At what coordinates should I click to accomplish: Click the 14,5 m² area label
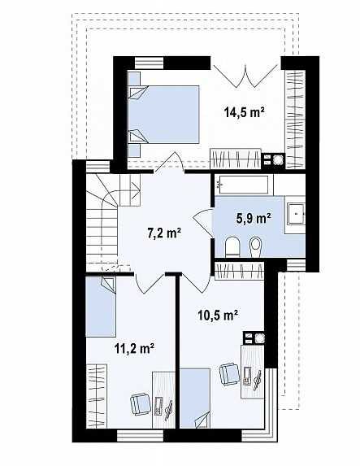[244, 112]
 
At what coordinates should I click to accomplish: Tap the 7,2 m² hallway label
[164, 233]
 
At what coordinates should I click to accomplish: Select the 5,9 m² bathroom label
[254, 219]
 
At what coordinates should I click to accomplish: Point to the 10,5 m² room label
[218, 315]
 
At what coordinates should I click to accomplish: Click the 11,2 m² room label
[134, 348]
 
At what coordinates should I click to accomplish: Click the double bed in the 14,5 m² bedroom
[163, 115]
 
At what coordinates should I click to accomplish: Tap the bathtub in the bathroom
[244, 185]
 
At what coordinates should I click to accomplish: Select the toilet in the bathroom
[232, 246]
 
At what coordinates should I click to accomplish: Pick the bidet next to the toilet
[255, 246]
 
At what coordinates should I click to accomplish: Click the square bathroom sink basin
[296, 214]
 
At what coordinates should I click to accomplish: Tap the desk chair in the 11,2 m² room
[140, 403]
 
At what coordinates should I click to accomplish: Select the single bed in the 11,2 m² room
[101, 307]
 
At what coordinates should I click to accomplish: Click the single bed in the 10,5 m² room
[195, 398]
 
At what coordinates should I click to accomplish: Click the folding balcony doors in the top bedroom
[246, 75]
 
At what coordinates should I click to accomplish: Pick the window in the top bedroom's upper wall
[150, 63]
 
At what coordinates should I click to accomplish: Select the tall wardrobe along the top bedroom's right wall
[295, 120]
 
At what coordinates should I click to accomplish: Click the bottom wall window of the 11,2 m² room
[141, 435]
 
